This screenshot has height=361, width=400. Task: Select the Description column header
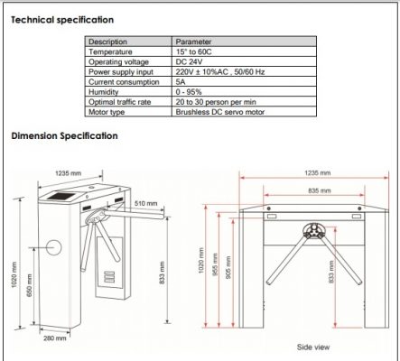[x=109, y=41]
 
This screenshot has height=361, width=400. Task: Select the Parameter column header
[x=194, y=41]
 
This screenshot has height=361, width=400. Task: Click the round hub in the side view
[x=312, y=229]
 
